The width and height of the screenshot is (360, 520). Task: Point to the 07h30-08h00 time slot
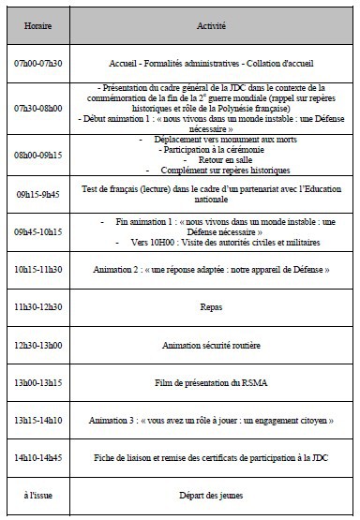pyautogui.click(x=38, y=108)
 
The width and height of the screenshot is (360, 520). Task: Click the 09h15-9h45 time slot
pyautogui.click(x=38, y=196)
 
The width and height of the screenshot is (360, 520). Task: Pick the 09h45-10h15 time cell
pyautogui.click(x=38, y=231)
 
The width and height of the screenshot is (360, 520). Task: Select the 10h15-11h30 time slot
pyautogui.click(x=38, y=269)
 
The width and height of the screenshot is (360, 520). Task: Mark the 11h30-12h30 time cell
pyautogui.click(x=38, y=306)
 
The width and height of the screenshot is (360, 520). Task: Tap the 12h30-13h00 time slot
pyautogui.click(x=38, y=345)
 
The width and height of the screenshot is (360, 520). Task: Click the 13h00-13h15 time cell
pyautogui.click(x=38, y=382)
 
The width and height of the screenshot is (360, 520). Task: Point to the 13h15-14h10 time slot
pyautogui.click(x=38, y=421)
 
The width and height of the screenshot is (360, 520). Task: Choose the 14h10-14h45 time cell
pyautogui.click(x=38, y=458)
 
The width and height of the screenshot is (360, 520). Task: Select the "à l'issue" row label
pyautogui.click(x=38, y=496)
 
